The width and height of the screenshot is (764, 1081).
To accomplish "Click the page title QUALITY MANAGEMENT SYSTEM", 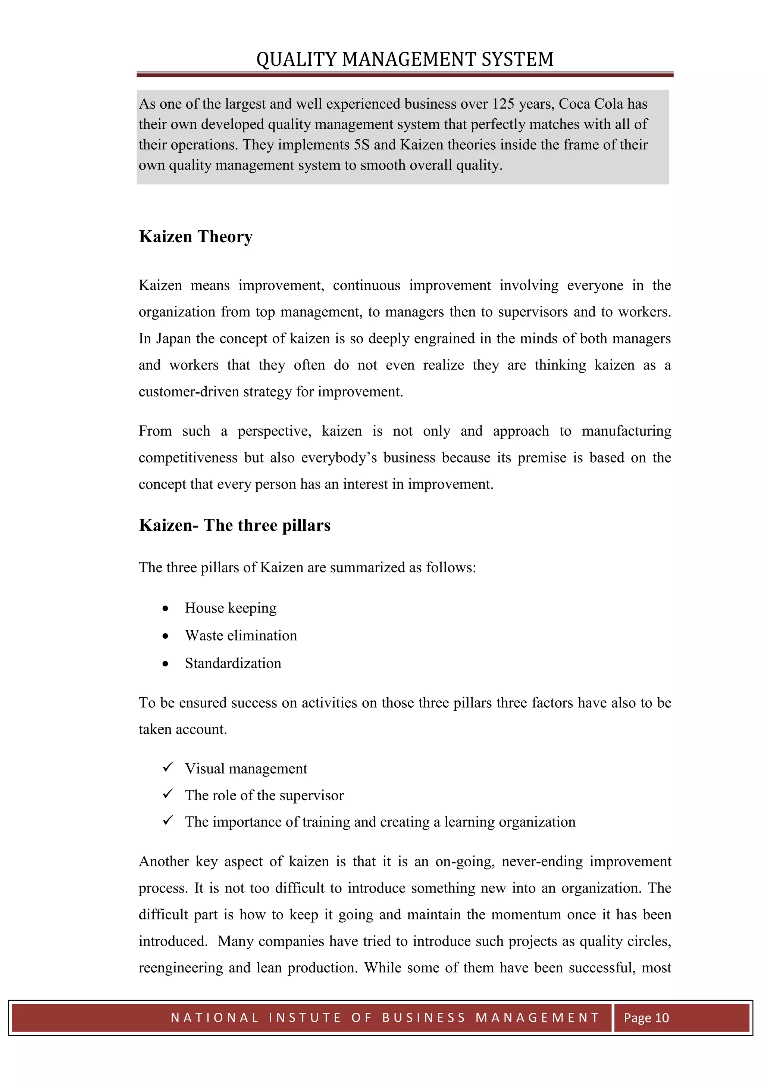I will pos(405,59).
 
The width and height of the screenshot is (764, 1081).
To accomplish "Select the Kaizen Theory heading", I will pos(196,237).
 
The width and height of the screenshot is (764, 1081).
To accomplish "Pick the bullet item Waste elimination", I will pos(241,636).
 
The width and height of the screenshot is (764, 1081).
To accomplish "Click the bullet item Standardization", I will pos(233,663).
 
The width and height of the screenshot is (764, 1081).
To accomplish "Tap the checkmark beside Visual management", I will pos(168,767).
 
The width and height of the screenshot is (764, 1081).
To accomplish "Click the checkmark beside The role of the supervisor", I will pos(168,794).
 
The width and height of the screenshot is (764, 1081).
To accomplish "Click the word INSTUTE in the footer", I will pos(305,1018).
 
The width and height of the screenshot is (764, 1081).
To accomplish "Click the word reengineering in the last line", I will pos(181,968).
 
